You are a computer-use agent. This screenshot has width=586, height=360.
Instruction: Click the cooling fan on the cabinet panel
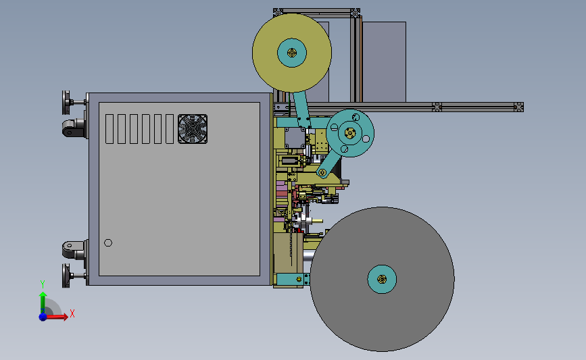193,129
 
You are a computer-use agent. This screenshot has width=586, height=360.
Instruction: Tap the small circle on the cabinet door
108,242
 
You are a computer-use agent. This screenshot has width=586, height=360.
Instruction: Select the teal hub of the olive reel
292,53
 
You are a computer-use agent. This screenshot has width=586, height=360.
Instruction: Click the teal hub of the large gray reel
382,279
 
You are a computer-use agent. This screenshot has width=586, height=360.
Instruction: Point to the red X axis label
72,313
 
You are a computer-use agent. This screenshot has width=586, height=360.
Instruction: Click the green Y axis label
43,284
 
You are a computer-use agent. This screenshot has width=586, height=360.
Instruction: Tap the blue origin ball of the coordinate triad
43,317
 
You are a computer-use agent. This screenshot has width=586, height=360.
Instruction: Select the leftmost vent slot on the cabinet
109,129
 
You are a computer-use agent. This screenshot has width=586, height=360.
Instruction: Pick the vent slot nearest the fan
169,129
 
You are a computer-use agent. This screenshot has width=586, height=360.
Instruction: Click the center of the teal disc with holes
350,133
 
